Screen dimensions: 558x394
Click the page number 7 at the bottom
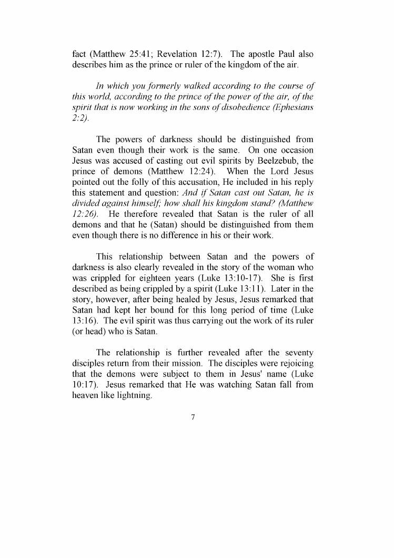click(193, 417)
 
